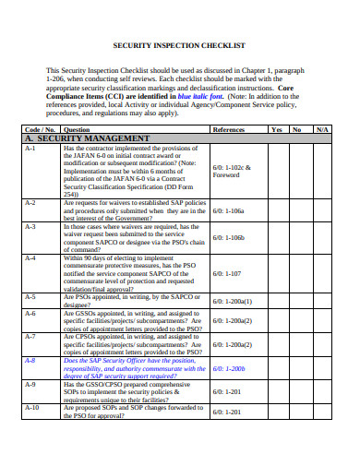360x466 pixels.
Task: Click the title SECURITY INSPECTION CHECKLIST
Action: (x=179, y=45)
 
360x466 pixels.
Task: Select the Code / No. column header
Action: (x=41, y=129)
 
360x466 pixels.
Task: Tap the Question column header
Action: (x=77, y=129)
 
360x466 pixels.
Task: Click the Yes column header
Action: (x=276, y=129)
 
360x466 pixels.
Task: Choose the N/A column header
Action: (x=321, y=129)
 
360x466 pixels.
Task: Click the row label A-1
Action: (x=30, y=148)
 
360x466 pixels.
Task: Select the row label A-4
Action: (x=30, y=258)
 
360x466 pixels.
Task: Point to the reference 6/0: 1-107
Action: (x=227, y=274)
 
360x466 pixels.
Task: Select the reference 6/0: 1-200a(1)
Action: (x=233, y=301)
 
